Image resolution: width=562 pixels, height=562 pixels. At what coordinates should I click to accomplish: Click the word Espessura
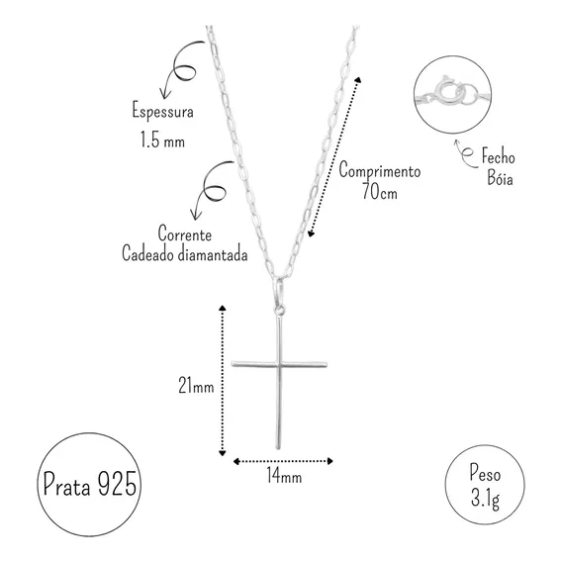point(162,111)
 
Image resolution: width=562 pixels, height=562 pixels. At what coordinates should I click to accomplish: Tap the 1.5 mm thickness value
point(162,140)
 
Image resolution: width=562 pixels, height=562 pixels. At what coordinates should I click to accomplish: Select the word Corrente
point(185,234)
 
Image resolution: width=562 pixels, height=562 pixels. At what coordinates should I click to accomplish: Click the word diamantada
point(213,253)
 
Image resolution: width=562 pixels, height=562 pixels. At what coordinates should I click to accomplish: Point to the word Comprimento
point(380,170)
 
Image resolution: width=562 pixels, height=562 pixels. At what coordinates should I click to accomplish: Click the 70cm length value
point(380,191)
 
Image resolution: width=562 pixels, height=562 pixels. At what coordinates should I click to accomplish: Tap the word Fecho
point(499,156)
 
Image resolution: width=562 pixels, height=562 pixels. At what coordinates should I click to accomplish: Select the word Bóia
point(500,177)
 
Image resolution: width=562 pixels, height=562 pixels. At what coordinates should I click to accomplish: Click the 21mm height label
point(196,386)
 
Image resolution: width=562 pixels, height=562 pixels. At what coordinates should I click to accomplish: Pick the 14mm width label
point(284,476)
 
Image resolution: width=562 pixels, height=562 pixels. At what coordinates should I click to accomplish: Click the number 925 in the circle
point(117,483)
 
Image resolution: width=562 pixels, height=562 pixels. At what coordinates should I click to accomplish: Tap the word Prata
point(66,484)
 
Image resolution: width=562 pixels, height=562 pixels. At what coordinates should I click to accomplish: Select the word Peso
point(485,474)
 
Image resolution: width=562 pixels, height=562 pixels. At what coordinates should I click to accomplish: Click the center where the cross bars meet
point(279,364)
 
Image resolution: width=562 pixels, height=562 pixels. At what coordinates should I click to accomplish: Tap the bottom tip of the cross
point(278,448)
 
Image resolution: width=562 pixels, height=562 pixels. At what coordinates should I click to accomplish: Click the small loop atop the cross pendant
point(279,310)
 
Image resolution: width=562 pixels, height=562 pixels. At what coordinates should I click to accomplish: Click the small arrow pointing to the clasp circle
point(466,154)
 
